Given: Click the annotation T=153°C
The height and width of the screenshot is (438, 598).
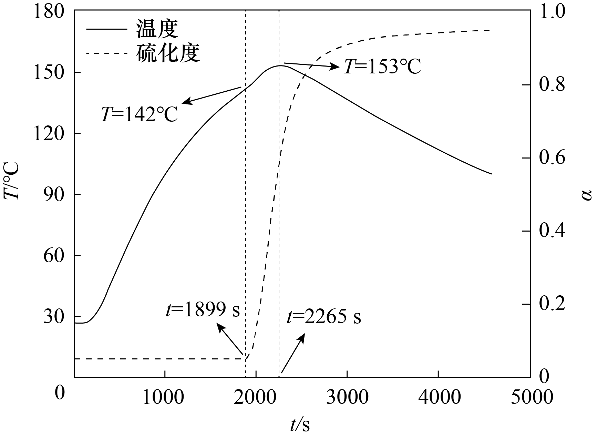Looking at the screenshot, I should coord(382,67).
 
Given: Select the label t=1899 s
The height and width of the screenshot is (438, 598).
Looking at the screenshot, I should coord(203,310).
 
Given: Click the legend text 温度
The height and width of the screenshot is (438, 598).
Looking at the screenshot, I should coord(157,28).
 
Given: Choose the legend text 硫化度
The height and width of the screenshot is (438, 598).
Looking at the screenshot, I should coord(168,53).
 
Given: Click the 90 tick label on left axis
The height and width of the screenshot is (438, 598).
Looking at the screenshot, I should coord(54,194).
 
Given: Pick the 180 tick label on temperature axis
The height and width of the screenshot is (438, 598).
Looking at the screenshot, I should coord(49,12).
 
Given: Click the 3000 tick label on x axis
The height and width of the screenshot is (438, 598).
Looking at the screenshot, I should coord(347,397).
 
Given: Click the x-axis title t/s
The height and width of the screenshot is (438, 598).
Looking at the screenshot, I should coord(300,425).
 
